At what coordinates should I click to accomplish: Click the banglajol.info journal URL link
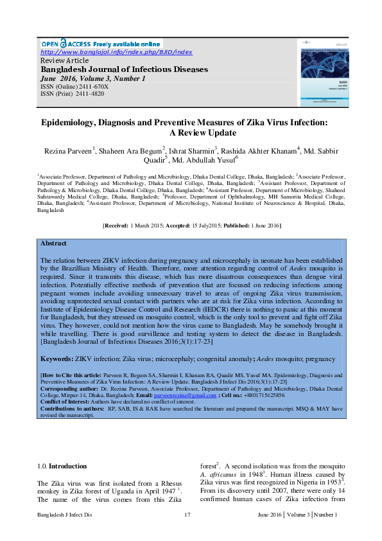pos(116,51)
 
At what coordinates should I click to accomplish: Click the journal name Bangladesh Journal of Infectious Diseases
pos(125,69)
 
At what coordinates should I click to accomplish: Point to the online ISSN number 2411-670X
pos(94,85)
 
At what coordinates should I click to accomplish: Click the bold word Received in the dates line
pos(116,226)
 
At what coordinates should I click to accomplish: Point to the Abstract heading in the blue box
pos(53,244)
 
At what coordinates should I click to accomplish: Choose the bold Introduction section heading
pos(68,466)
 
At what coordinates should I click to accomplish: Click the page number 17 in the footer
pos(187,515)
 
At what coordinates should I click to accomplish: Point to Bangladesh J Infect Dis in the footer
pos(65,515)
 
